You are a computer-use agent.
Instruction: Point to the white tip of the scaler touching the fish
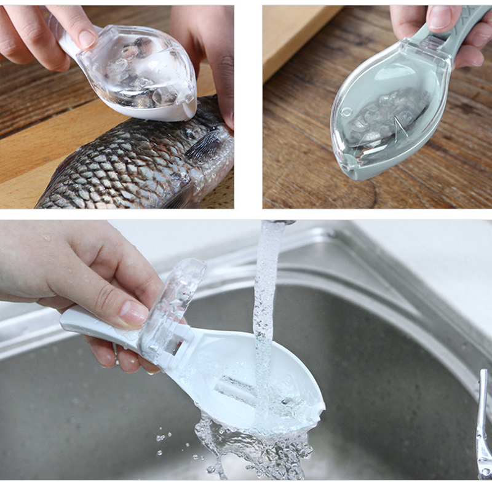[x=178, y=114]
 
